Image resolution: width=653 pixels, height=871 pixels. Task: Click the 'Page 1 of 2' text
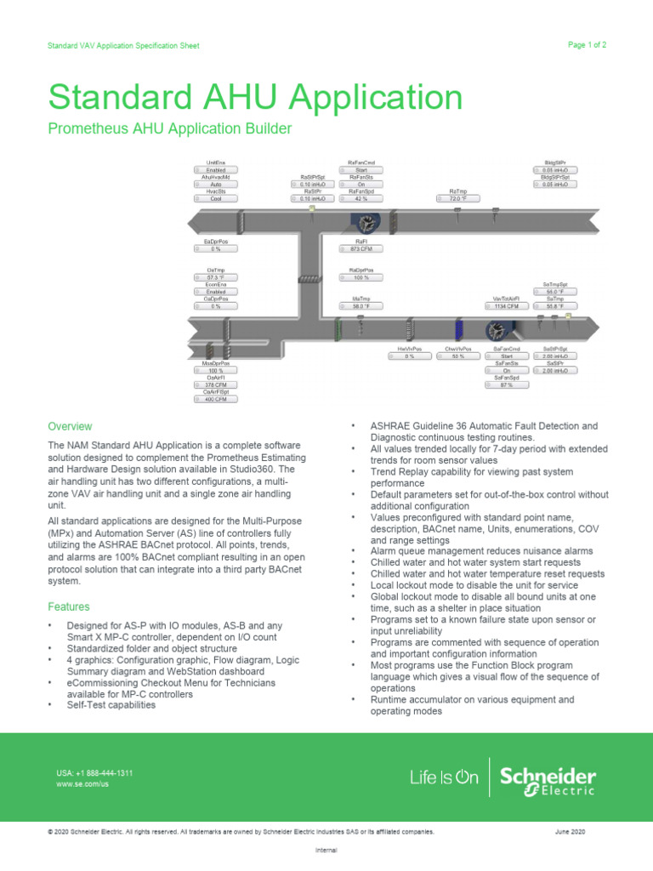(586, 44)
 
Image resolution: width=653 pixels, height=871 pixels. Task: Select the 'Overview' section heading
(70, 426)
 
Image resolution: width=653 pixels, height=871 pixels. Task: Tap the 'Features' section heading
(69, 606)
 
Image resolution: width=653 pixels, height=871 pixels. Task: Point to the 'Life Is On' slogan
(444, 777)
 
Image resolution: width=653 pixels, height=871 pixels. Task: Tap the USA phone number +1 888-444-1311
(94, 772)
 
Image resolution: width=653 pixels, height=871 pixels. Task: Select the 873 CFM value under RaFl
(362, 249)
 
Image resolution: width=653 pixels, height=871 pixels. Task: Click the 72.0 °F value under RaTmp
(459, 199)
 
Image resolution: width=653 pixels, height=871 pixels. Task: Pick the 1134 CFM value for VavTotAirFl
(507, 306)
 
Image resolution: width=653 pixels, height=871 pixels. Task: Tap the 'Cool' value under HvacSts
(218, 198)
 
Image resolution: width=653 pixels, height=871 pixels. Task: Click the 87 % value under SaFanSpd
(507, 384)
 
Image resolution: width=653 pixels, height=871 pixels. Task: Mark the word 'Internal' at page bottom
(326, 850)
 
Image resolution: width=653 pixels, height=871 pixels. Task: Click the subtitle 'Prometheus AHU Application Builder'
(170, 129)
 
